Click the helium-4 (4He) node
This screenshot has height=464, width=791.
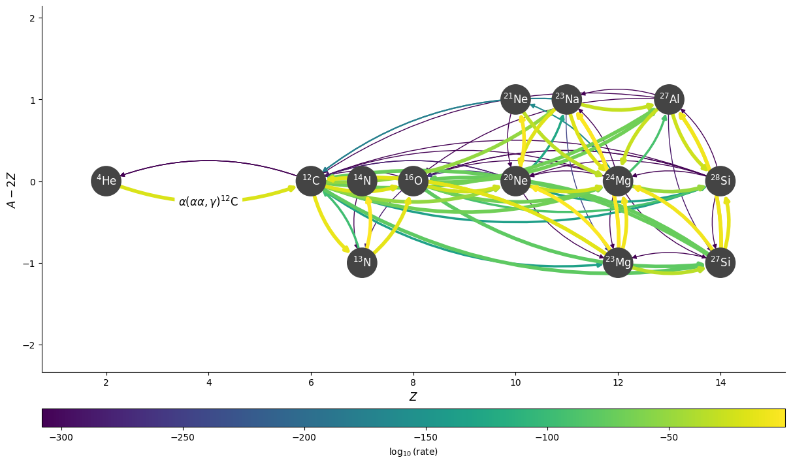(106, 181)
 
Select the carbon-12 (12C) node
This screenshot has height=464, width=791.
(311, 181)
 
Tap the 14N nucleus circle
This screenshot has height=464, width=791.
(362, 181)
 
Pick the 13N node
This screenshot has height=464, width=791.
(362, 262)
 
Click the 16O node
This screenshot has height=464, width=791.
(413, 181)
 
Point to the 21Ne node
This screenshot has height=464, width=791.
(515, 99)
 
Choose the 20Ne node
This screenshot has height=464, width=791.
(515, 181)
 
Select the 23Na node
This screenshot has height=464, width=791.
(566, 99)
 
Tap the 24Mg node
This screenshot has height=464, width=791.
(618, 181)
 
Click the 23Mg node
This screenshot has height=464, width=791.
(618, 262)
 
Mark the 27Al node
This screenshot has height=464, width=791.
(669, 99)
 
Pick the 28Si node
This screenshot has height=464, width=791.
(720, 181)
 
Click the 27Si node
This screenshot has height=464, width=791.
(720, 262)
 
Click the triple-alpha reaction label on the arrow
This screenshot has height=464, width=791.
(208, 202)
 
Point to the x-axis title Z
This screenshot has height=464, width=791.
(413, 397)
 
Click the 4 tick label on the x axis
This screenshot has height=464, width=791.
(208, 382)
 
